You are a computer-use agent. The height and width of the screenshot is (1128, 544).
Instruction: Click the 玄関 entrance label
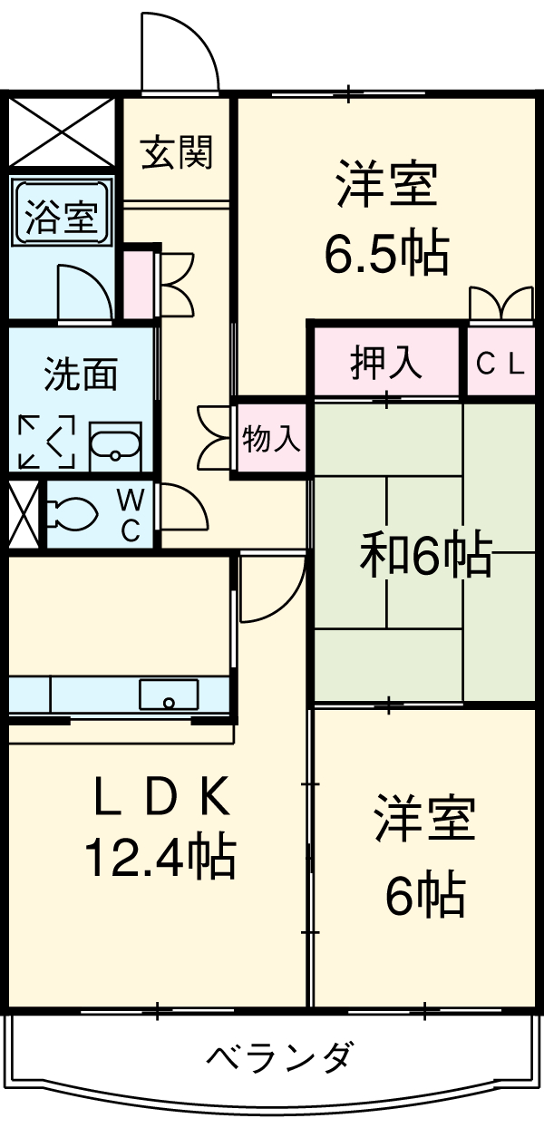pyautogui.click(x=177, y=152)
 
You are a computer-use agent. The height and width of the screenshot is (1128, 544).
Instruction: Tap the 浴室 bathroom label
pyautogui.click(x=61, y=217)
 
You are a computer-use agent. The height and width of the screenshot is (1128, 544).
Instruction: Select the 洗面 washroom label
pyautogui.click(x=81, y=374)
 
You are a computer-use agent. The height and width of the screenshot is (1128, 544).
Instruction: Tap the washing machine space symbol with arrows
pyautogui.click(x=46, y=441)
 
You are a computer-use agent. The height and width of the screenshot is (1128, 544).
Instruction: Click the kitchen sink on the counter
pyautogui.click(x=169, y=694)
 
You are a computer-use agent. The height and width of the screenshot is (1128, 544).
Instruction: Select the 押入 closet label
pyautogui.click(x=386, y=362)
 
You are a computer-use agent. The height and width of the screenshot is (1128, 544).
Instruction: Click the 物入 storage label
pyautogui.click(x=271, y=438)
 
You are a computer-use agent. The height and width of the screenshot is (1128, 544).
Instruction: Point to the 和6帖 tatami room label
pyautogui.click(x=425, y=554)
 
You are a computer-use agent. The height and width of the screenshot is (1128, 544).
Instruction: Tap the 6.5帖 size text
pyautogui.click(x=387, y=252)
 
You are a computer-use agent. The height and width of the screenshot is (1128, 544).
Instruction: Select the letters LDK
pyautogui.click(x=162, y=798)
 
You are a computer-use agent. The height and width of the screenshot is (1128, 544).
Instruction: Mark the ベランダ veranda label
pyautogui.click(x=278, y=1056)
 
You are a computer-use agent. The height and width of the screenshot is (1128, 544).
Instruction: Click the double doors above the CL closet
pyautogui.click(x=501, y=303)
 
